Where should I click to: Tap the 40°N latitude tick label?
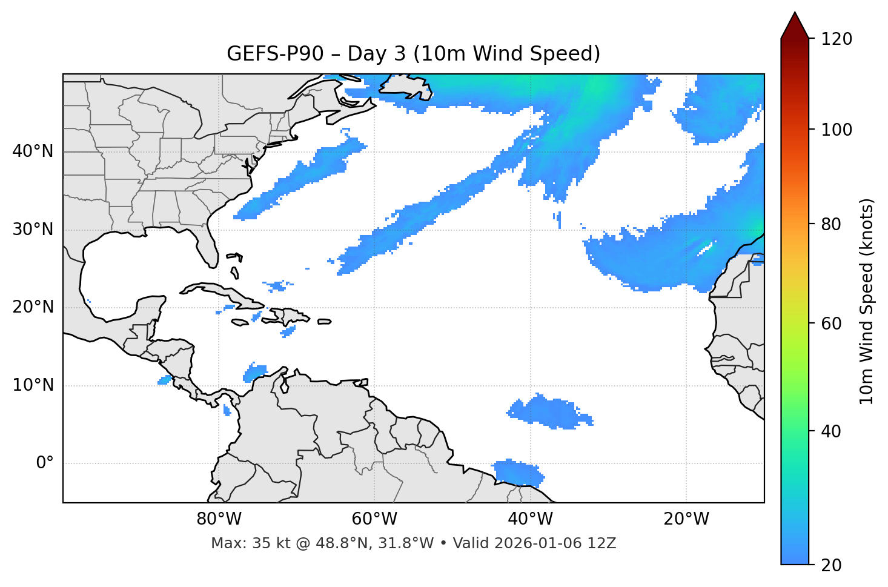(33, 151)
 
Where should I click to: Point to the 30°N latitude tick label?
(33, 230)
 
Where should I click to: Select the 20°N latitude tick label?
(33, 307)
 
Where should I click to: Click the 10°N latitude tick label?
(33, 385)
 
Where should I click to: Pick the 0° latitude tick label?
(44, 463)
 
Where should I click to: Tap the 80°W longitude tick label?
(219, 519)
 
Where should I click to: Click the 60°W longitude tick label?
(374, 519)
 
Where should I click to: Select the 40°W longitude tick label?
(530, 519)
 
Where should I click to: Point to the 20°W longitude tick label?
(686, 519)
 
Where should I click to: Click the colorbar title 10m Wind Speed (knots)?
(867, 301)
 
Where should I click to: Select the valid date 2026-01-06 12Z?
(555, 543)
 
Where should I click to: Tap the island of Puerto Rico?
(324, 322)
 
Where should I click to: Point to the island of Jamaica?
(240, 322)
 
